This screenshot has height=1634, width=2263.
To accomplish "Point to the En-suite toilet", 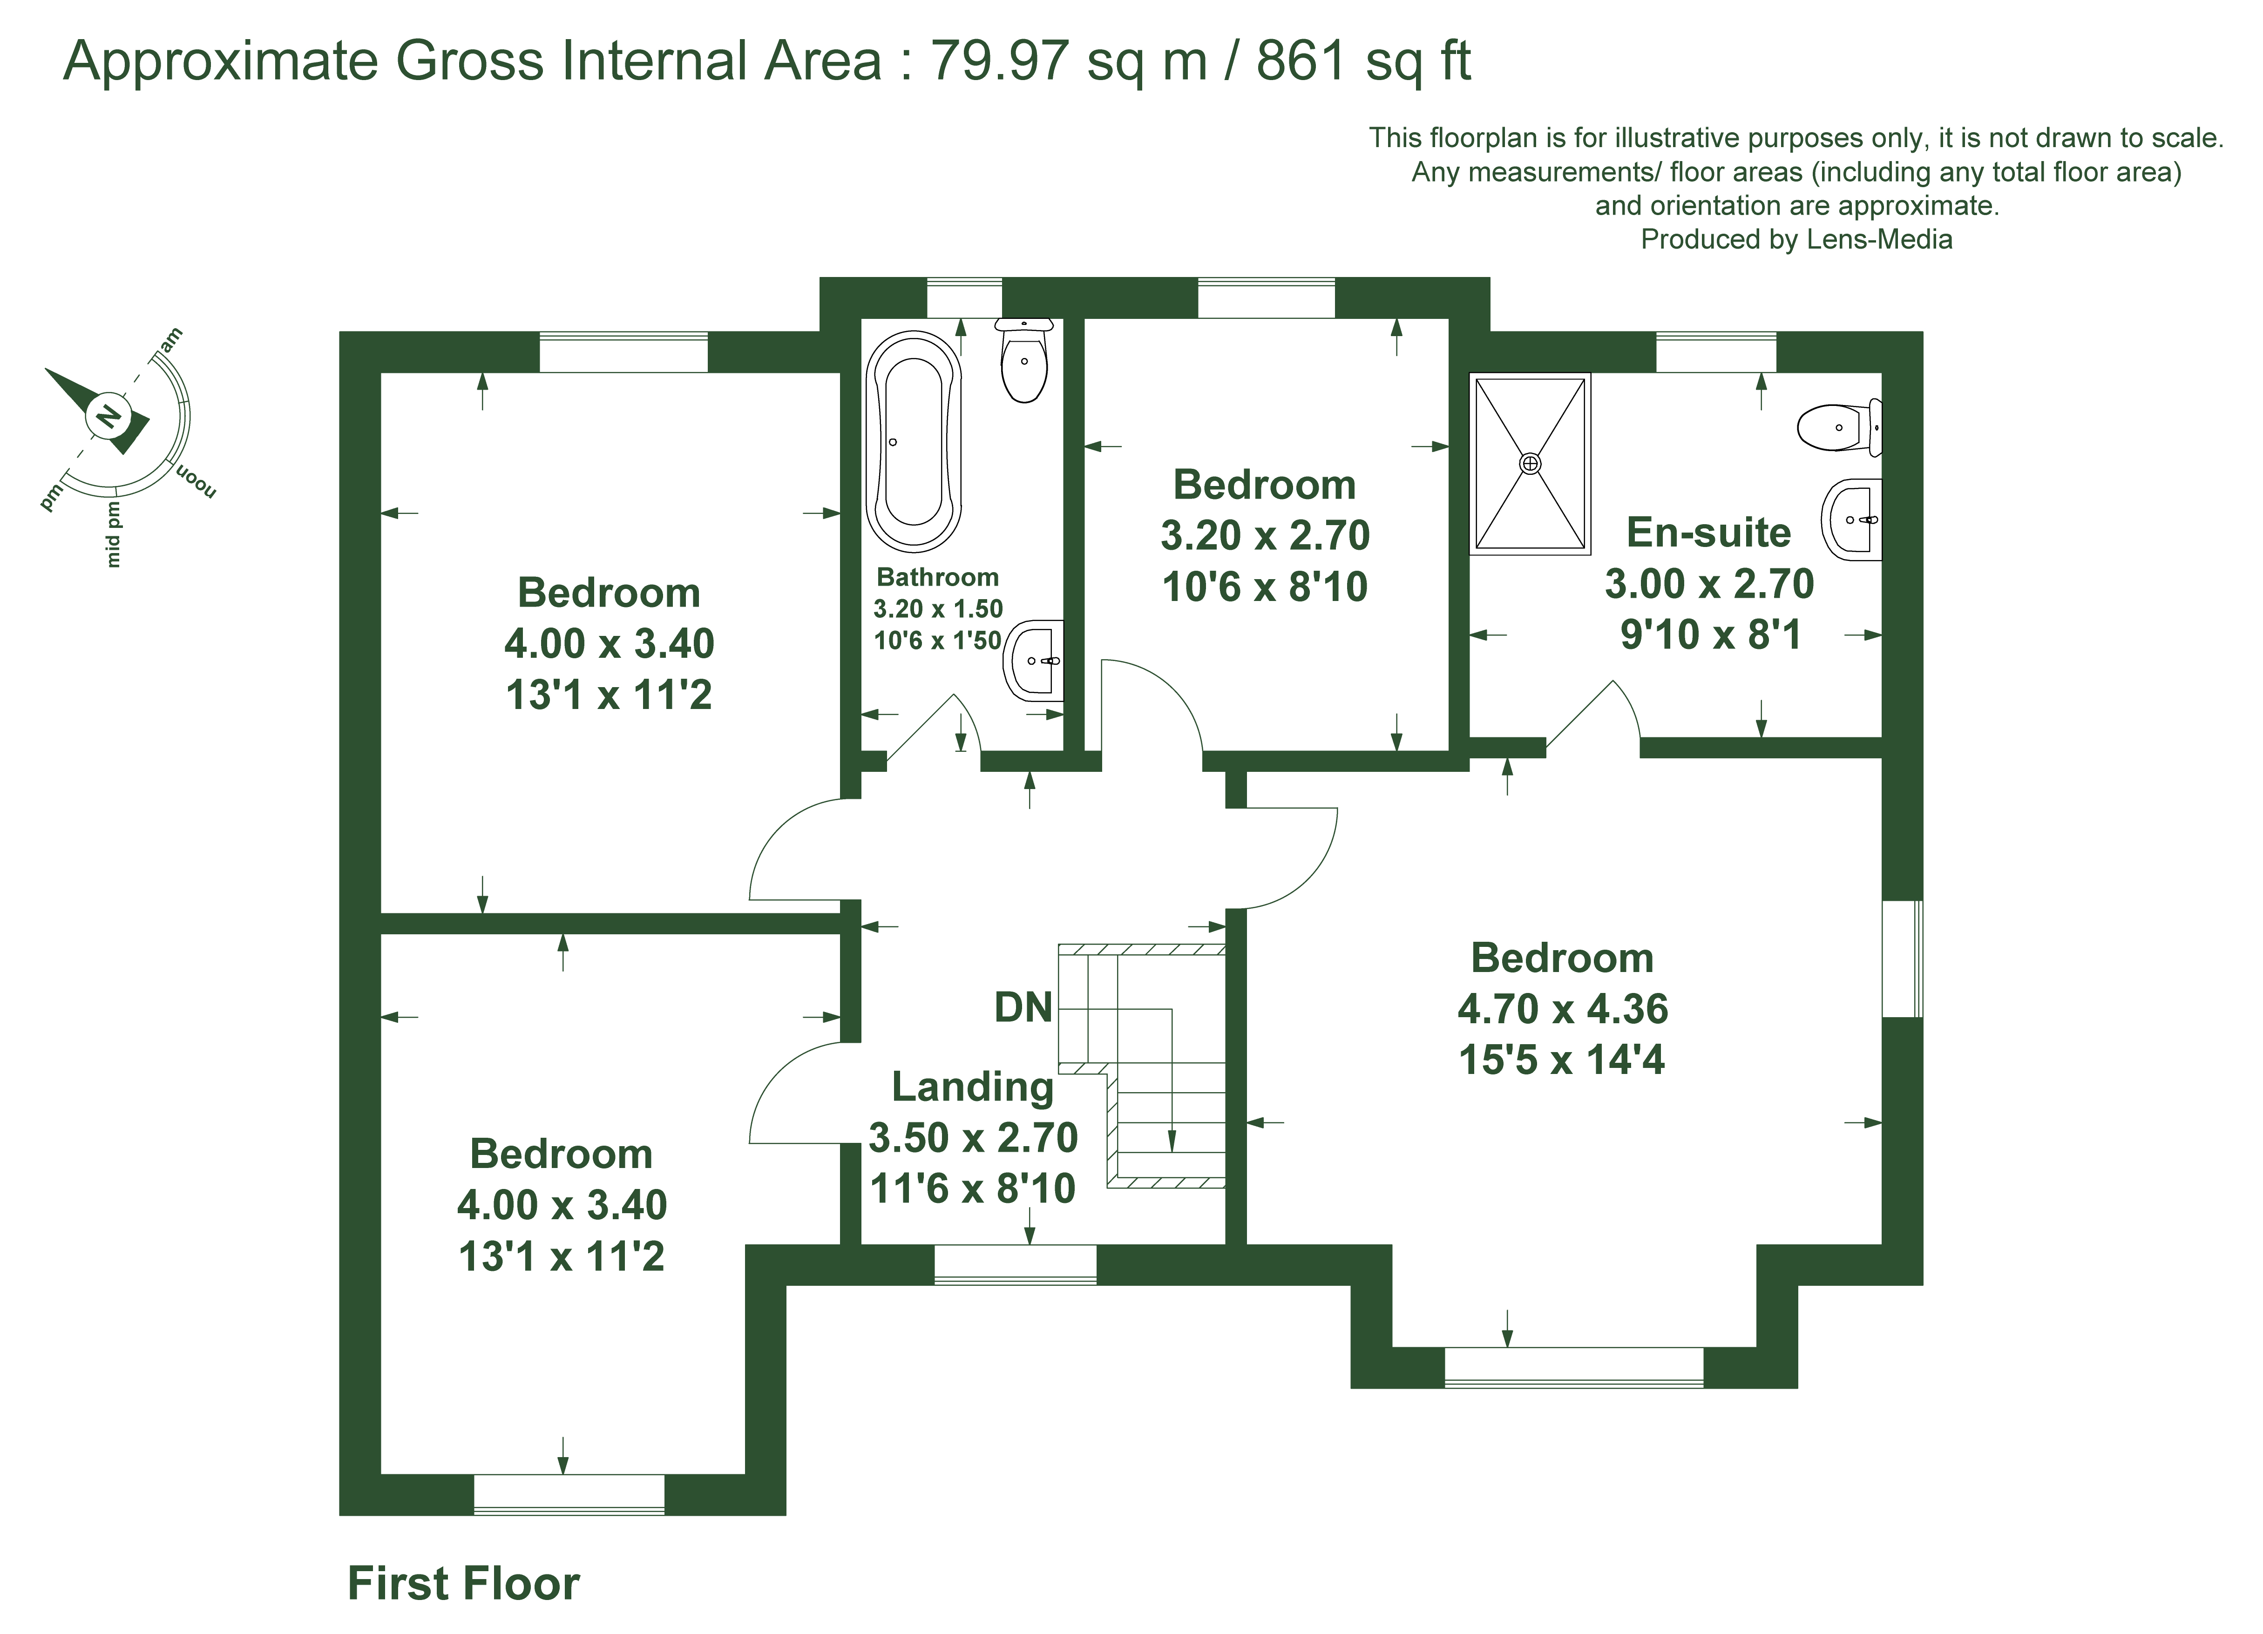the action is [x=1839, y=427].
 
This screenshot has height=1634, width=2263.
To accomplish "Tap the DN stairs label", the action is [x=1023, y=1007].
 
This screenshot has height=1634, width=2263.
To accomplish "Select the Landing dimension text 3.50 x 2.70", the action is [x=973, y=1137].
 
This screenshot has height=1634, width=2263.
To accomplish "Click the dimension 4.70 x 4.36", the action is [x=1563, y=1008].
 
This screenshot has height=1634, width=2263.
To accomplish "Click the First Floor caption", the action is [x=463, y=1583].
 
